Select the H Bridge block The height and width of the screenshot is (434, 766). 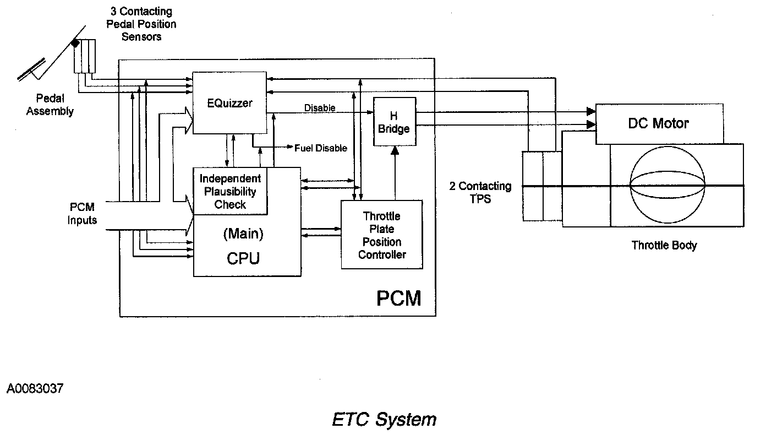coord(394,122)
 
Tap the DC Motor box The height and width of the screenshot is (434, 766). coord(659,123)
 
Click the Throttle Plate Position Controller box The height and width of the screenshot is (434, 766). coord(381,235)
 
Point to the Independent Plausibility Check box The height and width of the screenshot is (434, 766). coord(230,192)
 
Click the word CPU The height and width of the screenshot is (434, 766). coord(243,258)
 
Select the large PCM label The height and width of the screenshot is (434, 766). coord(399,298)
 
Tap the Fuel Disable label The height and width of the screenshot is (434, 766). coord(321,148)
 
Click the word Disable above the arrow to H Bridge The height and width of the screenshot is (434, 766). coord(320,108)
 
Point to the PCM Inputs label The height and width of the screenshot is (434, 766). coord(83,214)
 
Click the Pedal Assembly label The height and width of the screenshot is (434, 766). coord(50,105)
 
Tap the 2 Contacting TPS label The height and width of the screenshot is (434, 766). coord(480,192)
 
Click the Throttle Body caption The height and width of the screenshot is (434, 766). coord(664,245)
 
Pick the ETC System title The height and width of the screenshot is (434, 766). coord(384,419)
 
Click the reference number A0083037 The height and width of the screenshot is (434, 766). coord(35,389)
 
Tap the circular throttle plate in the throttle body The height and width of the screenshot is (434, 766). coord(667,186)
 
